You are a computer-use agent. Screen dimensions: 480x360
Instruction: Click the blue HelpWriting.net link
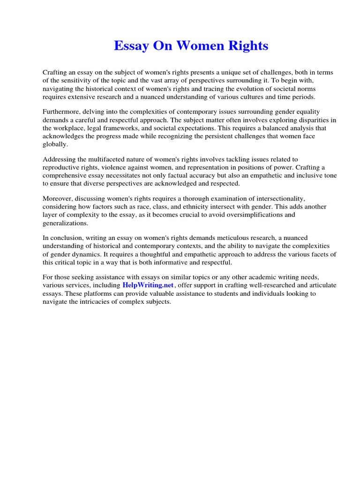[x=148, y=285]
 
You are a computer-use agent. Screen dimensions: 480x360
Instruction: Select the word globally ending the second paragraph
[x=55, y=144]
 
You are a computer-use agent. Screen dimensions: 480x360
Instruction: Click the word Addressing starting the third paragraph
[x=59, y=159]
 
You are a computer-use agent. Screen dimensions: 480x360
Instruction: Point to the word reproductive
[x=61, y=168]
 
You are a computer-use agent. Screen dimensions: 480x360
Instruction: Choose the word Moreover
[x=57, y=199]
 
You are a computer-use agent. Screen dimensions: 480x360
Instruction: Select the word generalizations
[x=65, y=223]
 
